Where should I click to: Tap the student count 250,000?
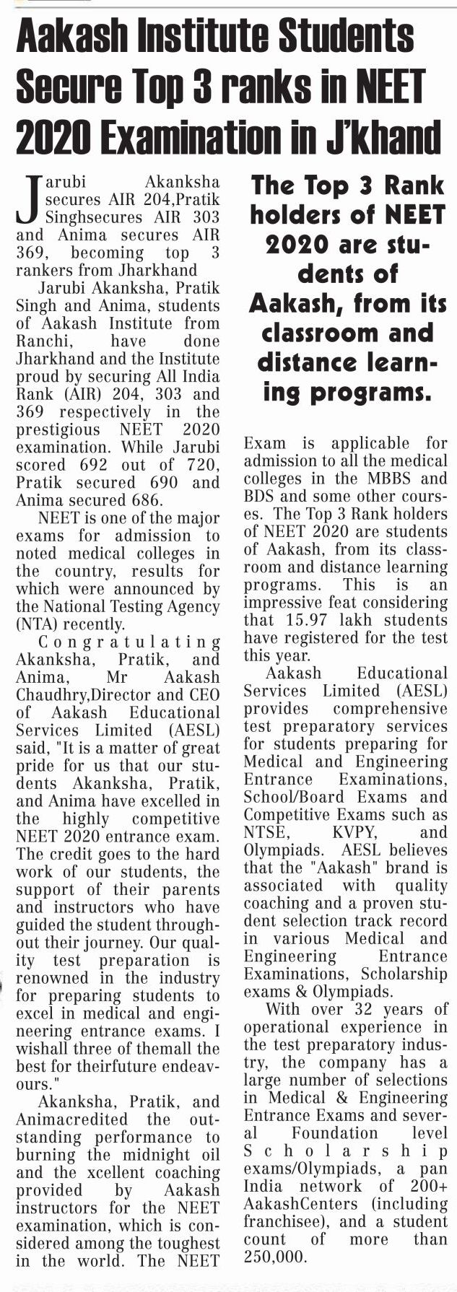tap(275, 1257)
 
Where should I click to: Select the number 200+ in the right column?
tap(427, 1186)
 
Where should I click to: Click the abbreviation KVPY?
tap(352, 832)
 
